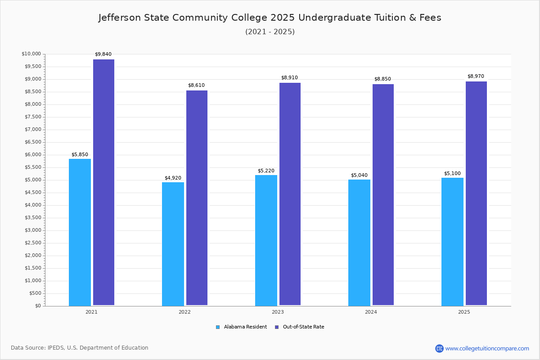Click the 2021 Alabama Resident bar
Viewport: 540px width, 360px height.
[80, 232]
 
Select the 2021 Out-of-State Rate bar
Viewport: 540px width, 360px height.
[103, 182]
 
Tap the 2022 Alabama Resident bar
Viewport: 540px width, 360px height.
[173, 244]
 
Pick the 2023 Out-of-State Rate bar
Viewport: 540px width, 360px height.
[290, 194]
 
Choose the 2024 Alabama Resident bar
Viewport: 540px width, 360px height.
[359, 243]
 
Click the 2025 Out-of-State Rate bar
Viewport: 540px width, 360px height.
[476, 193]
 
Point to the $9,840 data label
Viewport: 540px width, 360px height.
[103, 54]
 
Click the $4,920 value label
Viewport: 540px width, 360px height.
[173, 178]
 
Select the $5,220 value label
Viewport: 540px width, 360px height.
[266, 171]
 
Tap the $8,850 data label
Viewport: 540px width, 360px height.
[382, 79]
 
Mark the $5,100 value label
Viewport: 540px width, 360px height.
[452, 174]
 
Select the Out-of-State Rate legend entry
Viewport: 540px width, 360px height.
[300, 327]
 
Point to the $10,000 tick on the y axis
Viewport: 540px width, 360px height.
[31, 54]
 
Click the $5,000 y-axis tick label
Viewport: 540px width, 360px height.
[32, 180]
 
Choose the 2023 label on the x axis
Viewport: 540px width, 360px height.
[278, 312]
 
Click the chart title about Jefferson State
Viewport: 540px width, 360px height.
[270, 18]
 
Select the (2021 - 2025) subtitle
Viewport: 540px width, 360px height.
[270, 31]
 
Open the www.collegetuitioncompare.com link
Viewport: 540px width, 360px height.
[487, 348]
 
